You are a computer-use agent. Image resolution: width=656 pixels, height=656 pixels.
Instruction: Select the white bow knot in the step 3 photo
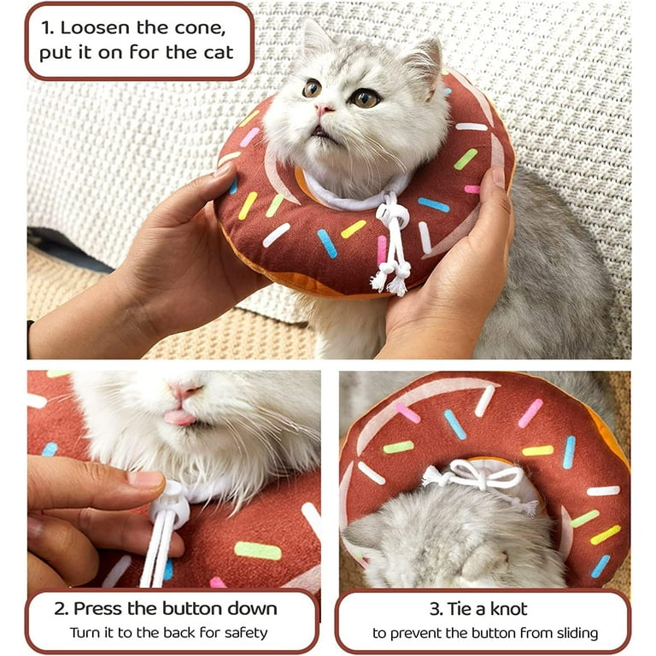(x=477, y=475)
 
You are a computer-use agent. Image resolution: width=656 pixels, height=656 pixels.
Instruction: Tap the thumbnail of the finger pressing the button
(x=145, y=479)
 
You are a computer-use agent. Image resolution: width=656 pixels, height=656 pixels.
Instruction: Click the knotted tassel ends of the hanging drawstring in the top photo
(x=391, y=278)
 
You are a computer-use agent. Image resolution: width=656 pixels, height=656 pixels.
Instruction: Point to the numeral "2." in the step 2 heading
(x=61, y=609)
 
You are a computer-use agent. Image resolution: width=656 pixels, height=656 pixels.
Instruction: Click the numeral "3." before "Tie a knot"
(x=436, y=609)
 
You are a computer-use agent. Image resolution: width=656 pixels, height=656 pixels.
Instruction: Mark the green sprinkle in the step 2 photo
(x=258, y=550)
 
